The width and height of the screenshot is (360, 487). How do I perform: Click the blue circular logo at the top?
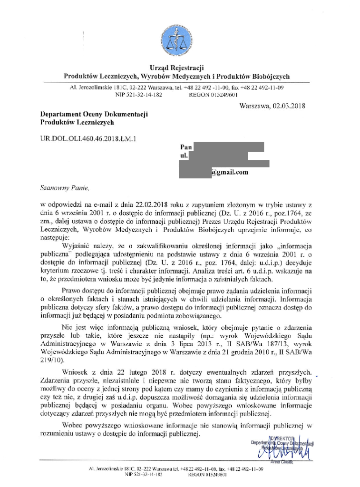point(177,38)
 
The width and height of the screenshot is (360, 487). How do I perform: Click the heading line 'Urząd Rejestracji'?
point(176,68)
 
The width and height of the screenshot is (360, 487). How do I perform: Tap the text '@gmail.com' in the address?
point(230,173)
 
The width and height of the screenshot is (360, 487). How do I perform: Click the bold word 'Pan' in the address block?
point(186,147)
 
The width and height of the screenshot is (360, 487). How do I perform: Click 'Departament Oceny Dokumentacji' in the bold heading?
point(95,114)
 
